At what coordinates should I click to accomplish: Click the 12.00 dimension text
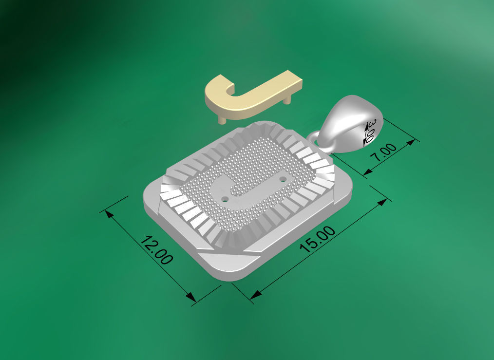pyautogui.click(x=156, y=250)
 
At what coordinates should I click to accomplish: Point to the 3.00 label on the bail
pyautogui.click(x=370, y=131)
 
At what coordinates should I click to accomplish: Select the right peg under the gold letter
pyautogui.click(x=288, y=99)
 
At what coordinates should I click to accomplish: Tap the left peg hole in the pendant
pyautogui.click(x=225, y=199)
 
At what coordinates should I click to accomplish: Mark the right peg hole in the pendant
pyautogui.click(x=283, y=179)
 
